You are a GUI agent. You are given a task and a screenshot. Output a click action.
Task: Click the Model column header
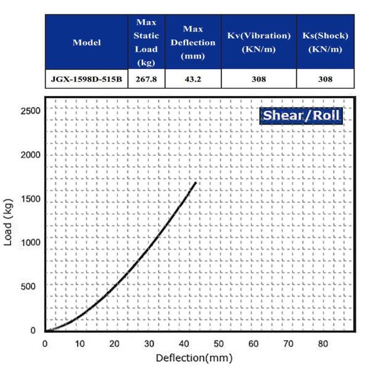(x=86, y=43)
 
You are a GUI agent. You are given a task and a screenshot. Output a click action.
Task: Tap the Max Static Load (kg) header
(x=146, y=43)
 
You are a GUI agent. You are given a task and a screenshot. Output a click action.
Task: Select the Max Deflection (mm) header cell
(x=193, y=43)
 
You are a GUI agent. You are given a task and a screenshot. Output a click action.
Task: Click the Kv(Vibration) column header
(x=258, y=43)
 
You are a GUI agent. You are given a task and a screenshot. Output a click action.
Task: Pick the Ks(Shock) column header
(x=325, y=43)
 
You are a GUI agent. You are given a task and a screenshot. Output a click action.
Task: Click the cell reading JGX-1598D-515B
(x=86, y=79)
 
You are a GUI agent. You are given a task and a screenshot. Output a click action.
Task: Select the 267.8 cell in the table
(x=146, y=79)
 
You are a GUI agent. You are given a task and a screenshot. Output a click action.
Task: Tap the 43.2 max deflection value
(x=193, y=79)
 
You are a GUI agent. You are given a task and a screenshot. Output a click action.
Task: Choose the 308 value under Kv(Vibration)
(x=258, y=79)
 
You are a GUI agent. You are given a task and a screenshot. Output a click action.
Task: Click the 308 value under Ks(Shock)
(x=325, y=79)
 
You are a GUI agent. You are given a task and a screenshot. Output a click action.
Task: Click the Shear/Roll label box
(x=301, y=116)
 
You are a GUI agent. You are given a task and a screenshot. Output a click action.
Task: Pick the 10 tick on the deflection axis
(x=80, y=343)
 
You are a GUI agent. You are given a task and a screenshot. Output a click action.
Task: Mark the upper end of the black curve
(x=195, y=183)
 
